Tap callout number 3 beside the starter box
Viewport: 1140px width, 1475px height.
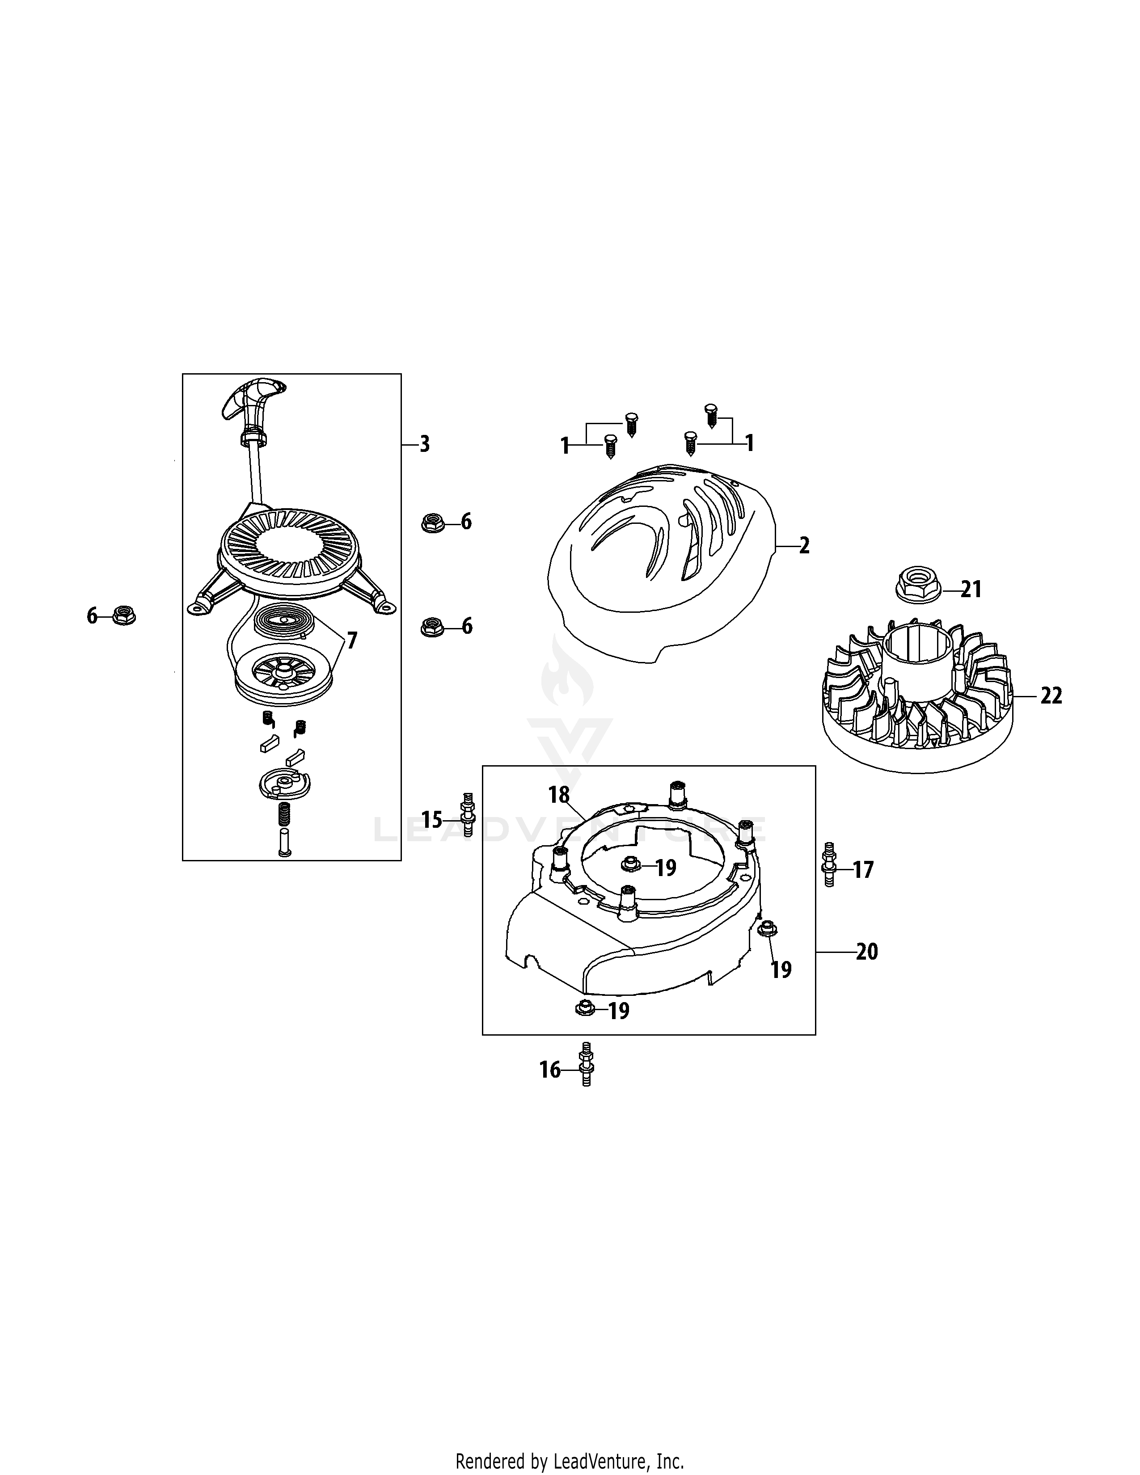pos(424,444)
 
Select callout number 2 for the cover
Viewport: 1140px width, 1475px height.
pos(804,546)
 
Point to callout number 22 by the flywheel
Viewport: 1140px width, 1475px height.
pos(1051,695)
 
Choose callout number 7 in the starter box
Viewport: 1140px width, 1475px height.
pos(351,640)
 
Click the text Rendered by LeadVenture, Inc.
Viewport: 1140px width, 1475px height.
pos(569,1456)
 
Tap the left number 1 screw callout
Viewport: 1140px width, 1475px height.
pos(565,446)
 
